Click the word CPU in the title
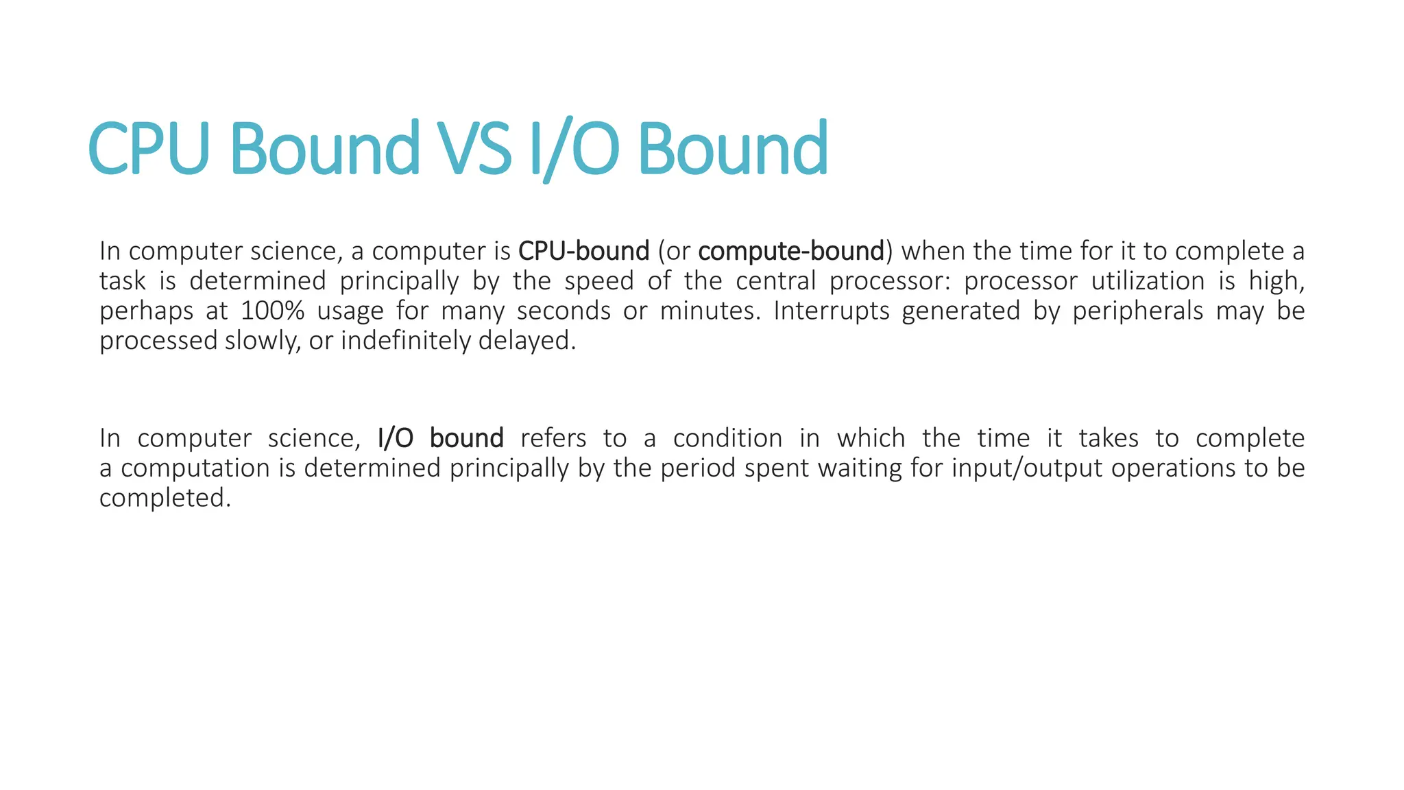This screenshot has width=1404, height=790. click(x=149, y=148)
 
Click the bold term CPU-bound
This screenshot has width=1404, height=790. click(x=583, y=251)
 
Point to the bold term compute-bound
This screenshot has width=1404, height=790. click(x=791, y=251)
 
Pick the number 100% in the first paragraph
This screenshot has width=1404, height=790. click(x=272, y=311)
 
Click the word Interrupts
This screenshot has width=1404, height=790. click(x=832, y=311)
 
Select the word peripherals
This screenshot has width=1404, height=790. click(x=1137, y=311)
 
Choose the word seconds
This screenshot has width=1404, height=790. click(x=563, y=311)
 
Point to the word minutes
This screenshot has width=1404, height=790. click(x=710, y=311)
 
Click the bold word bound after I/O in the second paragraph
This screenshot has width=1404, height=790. click(x=466, y=438)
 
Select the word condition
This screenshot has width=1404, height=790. click(x=727, y=438)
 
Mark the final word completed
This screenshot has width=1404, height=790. click(x=165, y=498)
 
